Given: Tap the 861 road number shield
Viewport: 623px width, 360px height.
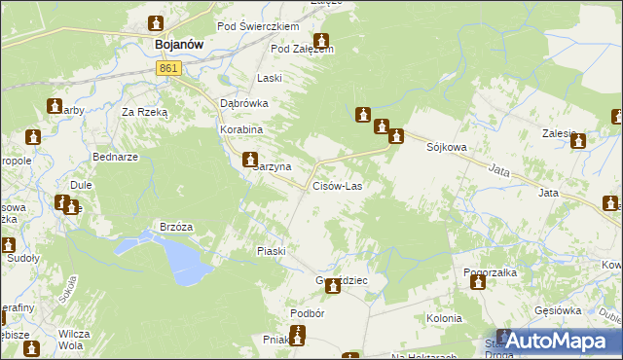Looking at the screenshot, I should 168,67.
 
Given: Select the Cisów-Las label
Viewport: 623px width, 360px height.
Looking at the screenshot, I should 338,186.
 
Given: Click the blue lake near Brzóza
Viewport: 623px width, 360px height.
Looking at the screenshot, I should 182,255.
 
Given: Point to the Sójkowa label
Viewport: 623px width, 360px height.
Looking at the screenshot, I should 447,148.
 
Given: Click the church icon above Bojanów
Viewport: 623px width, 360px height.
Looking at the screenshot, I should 157,23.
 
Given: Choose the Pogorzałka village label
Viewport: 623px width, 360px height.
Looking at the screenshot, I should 490,273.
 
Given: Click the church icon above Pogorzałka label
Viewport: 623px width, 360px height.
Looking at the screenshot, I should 478,283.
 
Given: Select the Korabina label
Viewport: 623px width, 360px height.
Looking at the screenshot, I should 241,128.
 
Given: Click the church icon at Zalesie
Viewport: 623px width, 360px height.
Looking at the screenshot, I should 579,141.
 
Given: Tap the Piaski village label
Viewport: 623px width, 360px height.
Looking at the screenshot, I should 271,251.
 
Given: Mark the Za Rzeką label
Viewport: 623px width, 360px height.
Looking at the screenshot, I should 145,112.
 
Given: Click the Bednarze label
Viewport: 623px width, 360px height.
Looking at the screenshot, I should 115,156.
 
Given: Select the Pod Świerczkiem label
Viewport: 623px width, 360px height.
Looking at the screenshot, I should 258,26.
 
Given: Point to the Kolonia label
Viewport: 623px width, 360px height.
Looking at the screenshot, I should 444,318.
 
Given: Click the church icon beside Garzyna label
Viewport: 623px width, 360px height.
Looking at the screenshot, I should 250,160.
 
